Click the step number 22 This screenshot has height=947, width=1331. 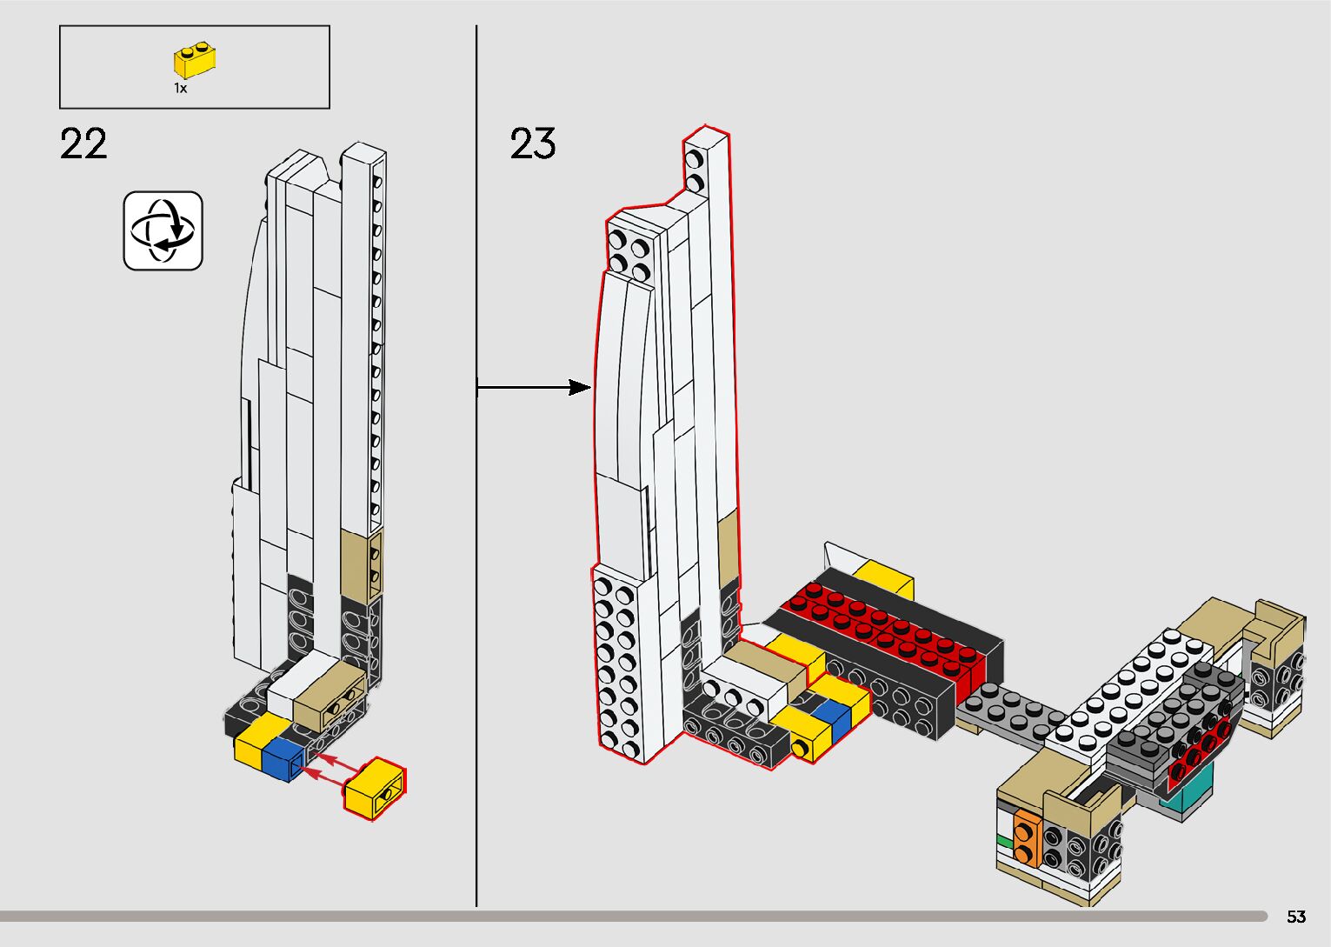tap(83, 144)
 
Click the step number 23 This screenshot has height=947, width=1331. tap(532, 144)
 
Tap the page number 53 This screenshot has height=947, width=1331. tap(1296, 917)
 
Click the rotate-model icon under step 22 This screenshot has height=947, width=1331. tap(163, 231)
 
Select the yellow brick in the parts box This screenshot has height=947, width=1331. tap(195, 61)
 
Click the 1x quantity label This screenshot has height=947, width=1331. tap(180, 88)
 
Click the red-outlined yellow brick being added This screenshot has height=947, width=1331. tap(376, 789)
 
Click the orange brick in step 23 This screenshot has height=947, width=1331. tap(1027, 840)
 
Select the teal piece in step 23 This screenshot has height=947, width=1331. tap(1188, 795)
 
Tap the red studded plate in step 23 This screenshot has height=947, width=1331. tap(887, 630)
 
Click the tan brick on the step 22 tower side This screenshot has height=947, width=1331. tap(360, 561)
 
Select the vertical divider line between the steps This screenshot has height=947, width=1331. tap(476, 609)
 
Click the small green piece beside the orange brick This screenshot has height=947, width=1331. tap(1005, 841)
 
